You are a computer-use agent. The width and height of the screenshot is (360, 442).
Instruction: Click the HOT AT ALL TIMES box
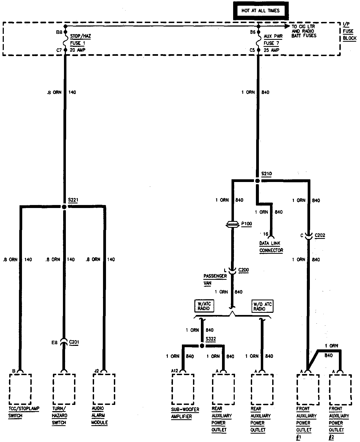pos(260,11)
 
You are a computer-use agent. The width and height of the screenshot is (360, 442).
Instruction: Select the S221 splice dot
pos(64,207)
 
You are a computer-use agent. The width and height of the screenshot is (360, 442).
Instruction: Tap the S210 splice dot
pos(258,181)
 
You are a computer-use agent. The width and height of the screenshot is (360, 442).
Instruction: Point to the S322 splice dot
pos(202,346)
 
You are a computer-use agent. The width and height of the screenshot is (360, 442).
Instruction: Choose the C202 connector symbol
pos(309,236)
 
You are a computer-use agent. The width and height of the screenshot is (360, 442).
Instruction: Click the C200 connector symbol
pos(232,270)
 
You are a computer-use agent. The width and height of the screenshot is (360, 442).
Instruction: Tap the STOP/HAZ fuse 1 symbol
pos(65,41)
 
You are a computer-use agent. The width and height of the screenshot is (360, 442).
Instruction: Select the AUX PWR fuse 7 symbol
pos(258,41)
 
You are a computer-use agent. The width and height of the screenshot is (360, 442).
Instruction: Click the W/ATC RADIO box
pos(204,306)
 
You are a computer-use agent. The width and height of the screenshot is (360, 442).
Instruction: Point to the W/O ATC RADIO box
pos(262,306)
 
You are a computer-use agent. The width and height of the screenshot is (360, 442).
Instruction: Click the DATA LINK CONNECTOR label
pos(271,247)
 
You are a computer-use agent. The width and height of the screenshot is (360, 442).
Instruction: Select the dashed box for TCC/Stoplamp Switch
pos(20,389)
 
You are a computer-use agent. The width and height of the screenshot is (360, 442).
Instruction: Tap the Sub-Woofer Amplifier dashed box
pos(183,389)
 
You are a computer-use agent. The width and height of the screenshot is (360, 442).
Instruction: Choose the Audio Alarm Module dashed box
pos(104,389)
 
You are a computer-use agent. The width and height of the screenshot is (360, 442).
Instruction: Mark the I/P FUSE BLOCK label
pos(349,31)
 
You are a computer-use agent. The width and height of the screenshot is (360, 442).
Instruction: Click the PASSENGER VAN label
pos(215,279)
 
